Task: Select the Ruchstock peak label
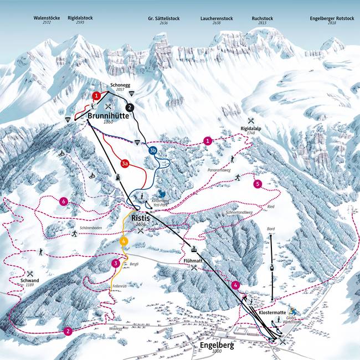pos(262,18)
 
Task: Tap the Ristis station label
pos(141,218)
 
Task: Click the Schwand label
pos(30,281)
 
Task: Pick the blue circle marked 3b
pos(153,150)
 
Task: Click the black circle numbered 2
pos(130,107)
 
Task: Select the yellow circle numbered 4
pos(124,241)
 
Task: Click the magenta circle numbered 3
pos(115,263)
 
